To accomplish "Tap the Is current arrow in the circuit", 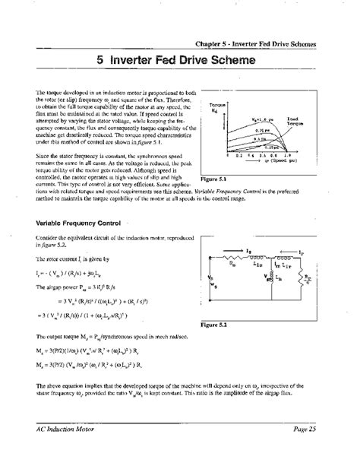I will (248, 249).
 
